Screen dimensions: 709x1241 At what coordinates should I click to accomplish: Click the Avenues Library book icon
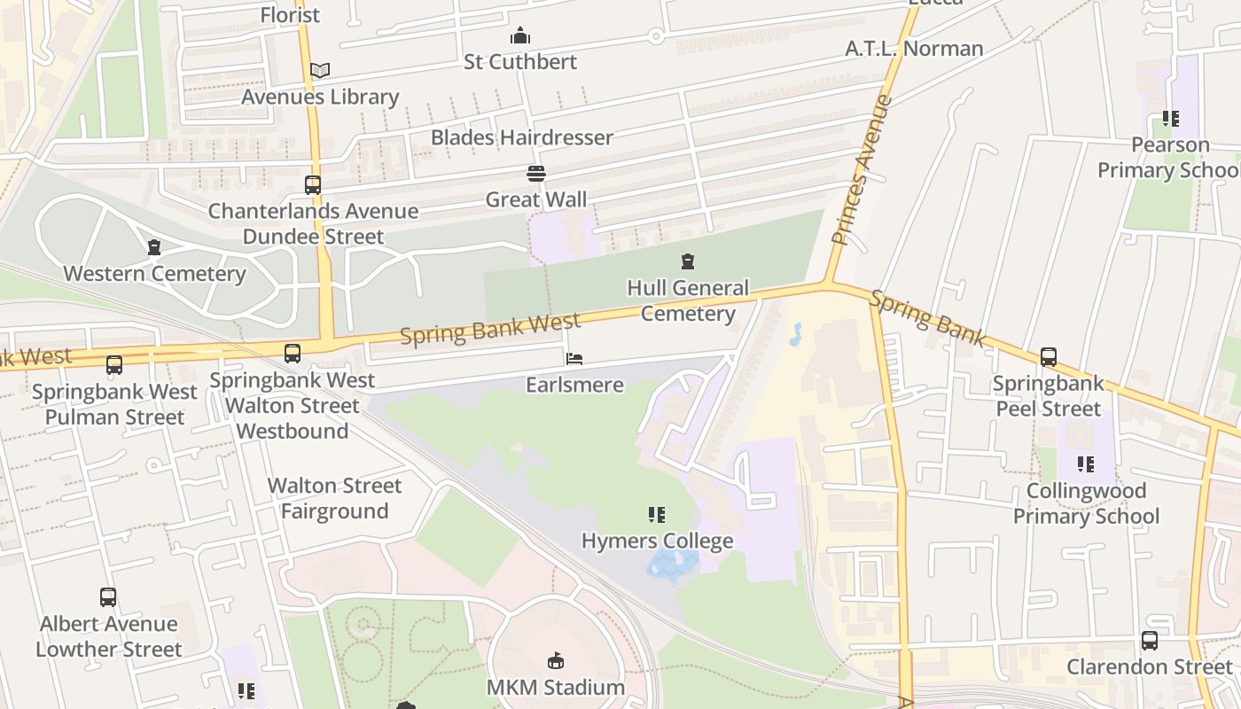(320, 70)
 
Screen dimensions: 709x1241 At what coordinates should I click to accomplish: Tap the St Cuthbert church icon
(520, 35)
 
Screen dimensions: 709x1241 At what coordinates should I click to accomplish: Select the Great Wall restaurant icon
(535, 173)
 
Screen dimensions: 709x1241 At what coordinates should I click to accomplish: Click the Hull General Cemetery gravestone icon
(687, 261)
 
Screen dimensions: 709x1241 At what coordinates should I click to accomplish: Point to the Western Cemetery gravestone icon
(154, 247)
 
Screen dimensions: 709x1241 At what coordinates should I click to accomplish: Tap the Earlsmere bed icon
(574, 359)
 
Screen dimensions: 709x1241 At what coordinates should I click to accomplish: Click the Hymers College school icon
(656, 515)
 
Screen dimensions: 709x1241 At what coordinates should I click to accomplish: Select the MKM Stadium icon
(556, 660)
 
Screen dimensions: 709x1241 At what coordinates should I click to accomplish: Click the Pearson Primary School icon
(1170, 118)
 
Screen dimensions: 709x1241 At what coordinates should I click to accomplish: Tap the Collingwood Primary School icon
(1085, 464)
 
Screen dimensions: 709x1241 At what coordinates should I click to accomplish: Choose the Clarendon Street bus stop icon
(1149, 640)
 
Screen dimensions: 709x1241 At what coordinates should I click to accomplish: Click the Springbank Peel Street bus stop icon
(1049, 357)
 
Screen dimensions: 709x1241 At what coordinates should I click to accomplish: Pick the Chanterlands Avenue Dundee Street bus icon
(313, 185)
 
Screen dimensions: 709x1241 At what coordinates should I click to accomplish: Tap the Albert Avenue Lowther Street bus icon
(108, 597)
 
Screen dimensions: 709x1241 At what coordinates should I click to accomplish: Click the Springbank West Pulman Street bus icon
(114, 364)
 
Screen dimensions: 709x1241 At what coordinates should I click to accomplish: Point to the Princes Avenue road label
(861, 169)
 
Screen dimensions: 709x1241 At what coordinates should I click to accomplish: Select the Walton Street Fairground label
(334, 498)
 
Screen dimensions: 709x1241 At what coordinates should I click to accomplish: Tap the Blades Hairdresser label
(521, 137)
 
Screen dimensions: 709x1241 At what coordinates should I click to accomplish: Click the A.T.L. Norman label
(914, 48)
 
